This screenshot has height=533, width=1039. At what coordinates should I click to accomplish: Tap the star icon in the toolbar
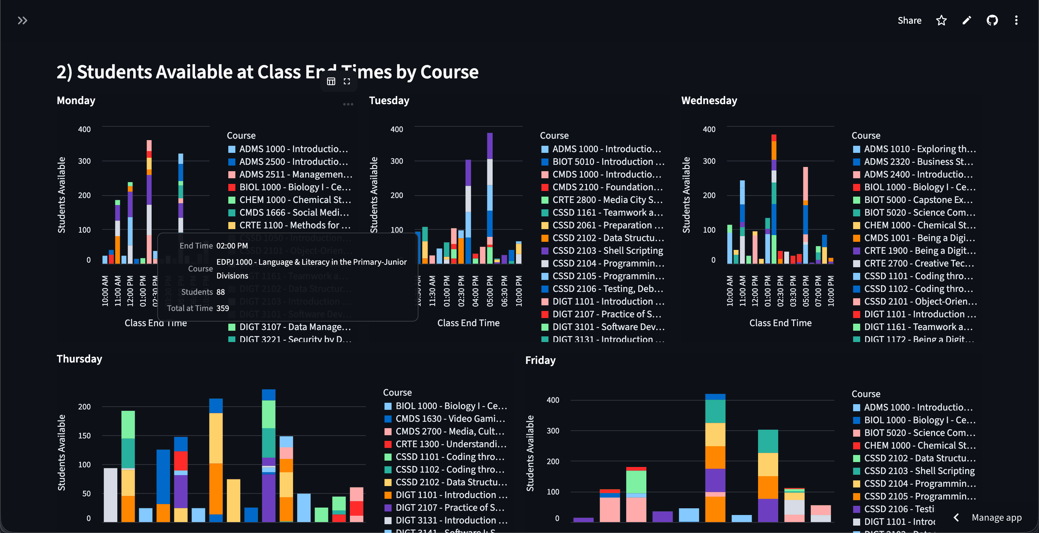coord(941,20)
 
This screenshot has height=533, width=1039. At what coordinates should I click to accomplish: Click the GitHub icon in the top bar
coord(992,20)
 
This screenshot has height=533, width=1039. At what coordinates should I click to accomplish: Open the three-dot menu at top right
coord(1016,20)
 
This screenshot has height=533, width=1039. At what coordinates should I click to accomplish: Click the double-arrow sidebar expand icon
coord(23,20)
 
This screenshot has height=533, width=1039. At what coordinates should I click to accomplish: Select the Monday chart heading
coord(76,100)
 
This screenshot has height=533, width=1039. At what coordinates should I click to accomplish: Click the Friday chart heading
coord(540,360)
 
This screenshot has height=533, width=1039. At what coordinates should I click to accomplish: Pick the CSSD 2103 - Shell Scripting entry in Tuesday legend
coord(607,251)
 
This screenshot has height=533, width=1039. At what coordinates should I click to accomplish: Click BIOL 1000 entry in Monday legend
coord(294,187)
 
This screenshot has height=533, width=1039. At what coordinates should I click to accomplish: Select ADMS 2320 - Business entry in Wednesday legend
coord(918,162)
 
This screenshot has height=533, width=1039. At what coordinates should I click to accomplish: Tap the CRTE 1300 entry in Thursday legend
coord(450,444)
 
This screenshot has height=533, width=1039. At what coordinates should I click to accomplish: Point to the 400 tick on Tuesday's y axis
coord(397,129)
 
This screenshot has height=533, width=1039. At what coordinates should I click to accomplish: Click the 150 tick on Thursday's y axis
coord(84,436)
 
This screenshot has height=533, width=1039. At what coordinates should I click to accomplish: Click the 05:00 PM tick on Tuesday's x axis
coord(490,291)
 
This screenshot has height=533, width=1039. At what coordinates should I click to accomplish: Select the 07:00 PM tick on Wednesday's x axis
coord(818,291)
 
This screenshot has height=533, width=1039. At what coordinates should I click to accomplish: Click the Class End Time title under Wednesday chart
coord(780,323)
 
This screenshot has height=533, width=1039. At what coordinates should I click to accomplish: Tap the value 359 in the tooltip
coord(223,308)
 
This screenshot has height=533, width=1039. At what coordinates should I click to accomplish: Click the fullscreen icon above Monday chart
coord(346,82)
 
